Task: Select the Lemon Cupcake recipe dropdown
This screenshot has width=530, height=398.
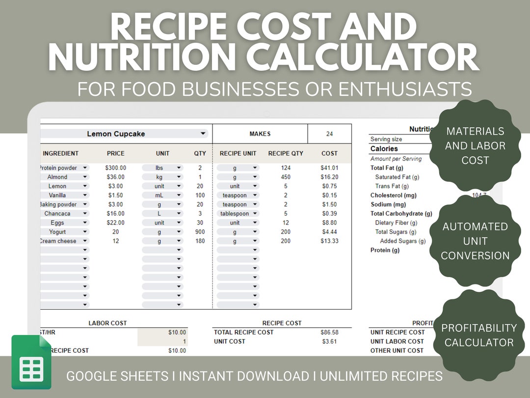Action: point(123,134)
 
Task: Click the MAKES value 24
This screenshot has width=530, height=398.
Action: point(329,134)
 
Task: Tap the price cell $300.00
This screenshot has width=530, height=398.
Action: point(116,168)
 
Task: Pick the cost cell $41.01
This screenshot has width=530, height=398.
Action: point(329,168)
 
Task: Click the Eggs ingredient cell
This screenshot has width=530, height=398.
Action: point(57,223)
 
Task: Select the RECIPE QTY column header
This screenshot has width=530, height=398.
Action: point(286,153)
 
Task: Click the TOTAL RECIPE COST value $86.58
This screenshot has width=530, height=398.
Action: point(329,333)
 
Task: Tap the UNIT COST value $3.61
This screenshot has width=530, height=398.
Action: point(329,341)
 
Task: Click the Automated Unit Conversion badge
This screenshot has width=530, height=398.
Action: point(475,241)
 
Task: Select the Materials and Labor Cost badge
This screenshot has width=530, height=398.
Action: point(475,145)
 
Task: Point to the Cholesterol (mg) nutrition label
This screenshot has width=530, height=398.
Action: point(394,196)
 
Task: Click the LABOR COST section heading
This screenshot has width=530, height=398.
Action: point(107,323)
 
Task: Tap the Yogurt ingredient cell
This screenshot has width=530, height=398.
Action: point(57,232)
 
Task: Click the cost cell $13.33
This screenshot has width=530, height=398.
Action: point(329,241)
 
